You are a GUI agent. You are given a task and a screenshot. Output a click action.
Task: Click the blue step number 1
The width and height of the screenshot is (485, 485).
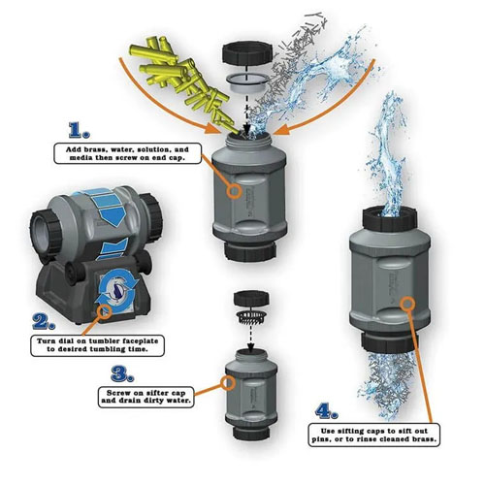[x=79, y=130]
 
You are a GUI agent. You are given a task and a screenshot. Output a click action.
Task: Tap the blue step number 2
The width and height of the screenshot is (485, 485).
[x=44, y=321]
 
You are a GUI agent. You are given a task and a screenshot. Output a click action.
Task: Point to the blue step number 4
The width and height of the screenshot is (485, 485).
[x=327, y=411]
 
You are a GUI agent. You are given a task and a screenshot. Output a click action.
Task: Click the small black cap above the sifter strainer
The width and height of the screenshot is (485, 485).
[x=251, y=298]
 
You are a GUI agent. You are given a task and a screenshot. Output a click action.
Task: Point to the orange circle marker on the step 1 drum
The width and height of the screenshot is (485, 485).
[x=234, y=191]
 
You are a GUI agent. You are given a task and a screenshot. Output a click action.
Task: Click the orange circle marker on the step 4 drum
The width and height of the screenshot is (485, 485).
[x=407, y=304]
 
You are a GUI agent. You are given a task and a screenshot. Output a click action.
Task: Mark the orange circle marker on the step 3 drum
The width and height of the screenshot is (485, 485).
[x=228, y=382]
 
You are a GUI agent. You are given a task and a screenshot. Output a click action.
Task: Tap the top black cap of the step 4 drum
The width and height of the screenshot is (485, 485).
[x=389, y=219]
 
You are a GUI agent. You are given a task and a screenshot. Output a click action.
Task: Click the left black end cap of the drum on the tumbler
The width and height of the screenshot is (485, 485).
[x=46, y=232]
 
